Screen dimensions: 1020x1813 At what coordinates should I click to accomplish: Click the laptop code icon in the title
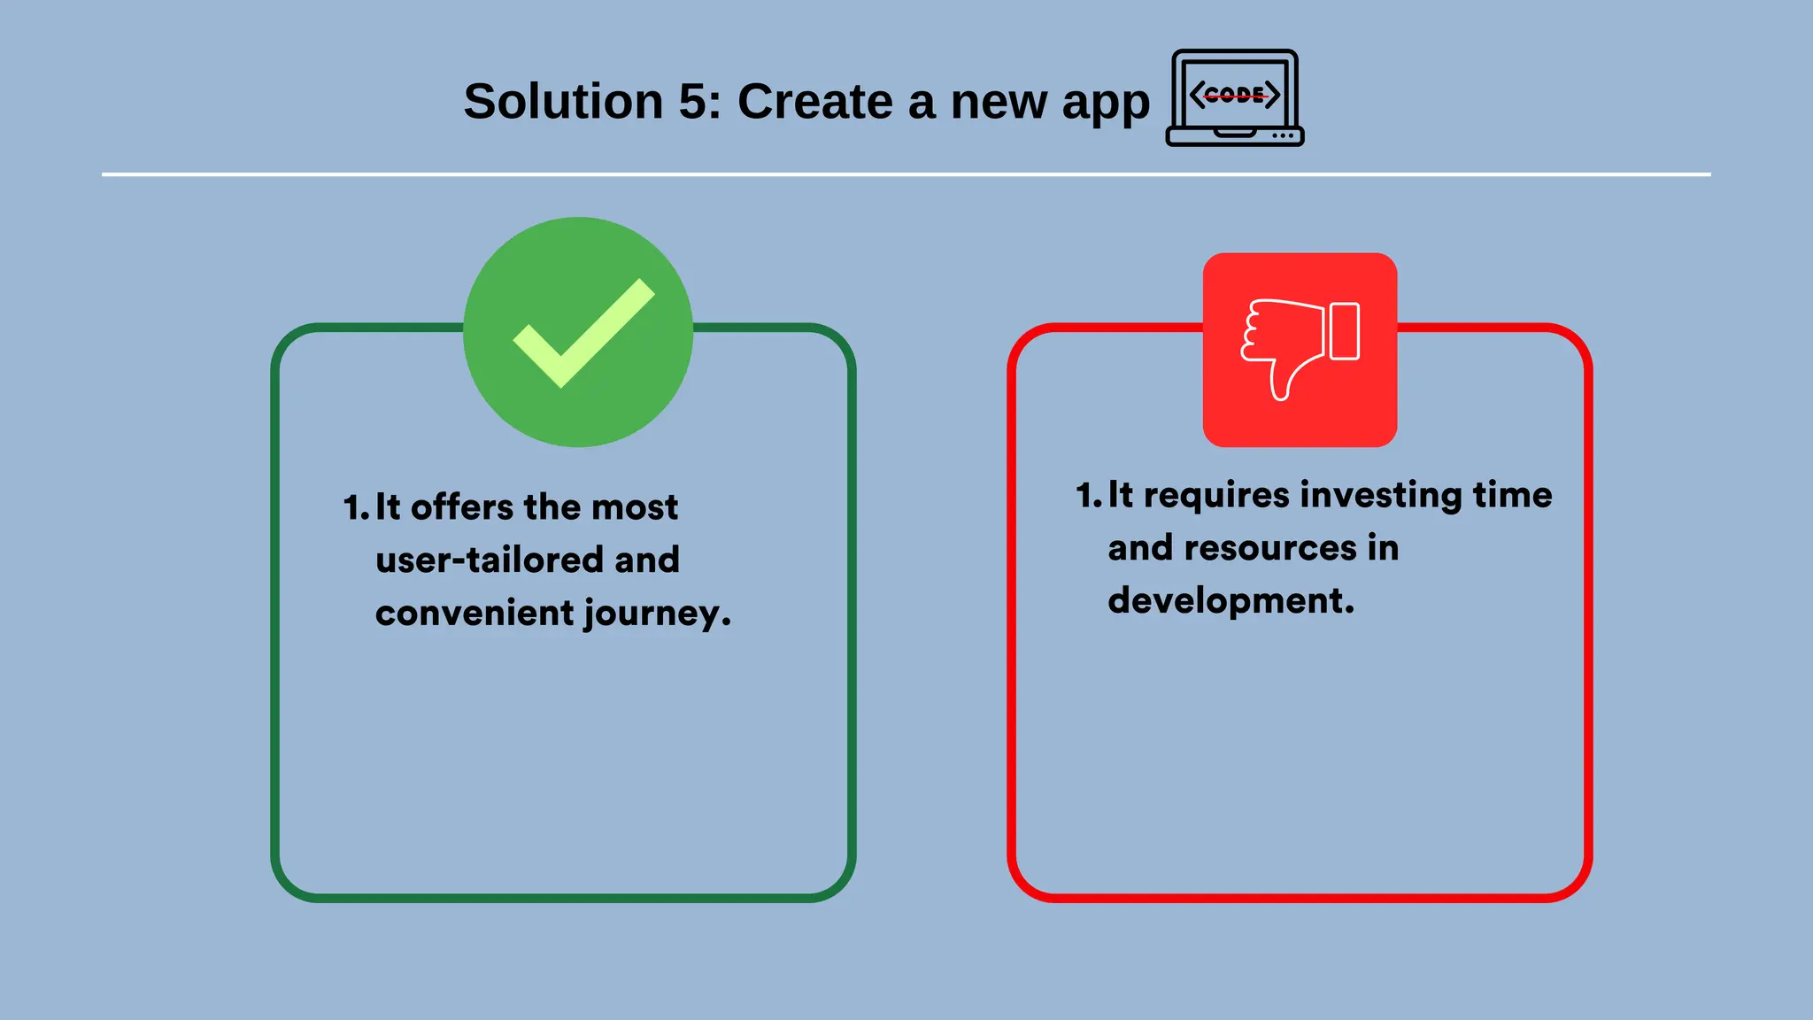1235,98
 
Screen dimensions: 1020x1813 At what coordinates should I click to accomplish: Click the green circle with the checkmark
578,332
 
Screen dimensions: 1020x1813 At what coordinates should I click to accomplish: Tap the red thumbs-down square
1300,350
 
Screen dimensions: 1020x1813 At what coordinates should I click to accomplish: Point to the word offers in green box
462,507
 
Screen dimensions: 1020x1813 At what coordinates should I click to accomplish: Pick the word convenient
474,613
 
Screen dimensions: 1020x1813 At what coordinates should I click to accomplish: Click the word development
1230,601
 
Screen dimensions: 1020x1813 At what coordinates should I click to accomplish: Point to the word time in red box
1512,494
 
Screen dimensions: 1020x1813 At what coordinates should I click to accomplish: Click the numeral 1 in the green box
352,508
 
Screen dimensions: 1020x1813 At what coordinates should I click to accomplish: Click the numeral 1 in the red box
1085,496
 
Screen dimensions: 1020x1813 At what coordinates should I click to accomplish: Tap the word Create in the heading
815,102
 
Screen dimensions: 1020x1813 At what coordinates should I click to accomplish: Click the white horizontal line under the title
906,174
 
